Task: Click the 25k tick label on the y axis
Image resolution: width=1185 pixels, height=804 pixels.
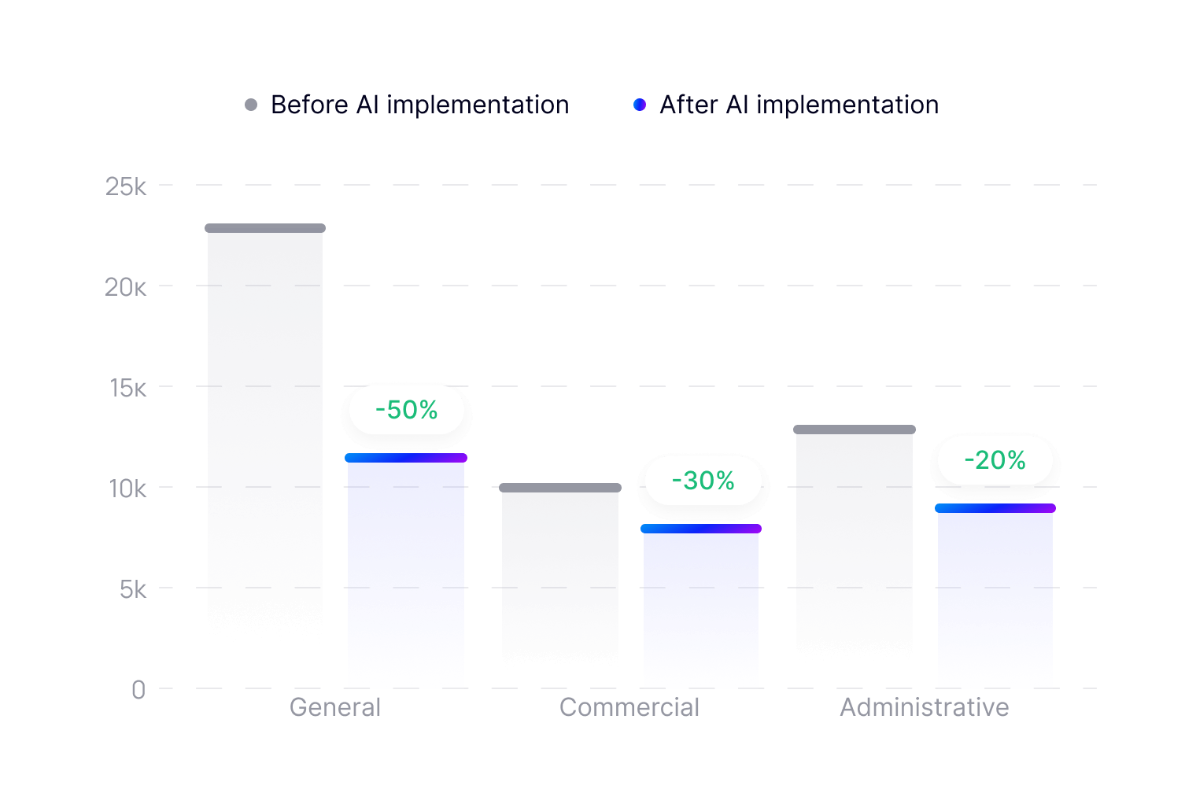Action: coord(126,186)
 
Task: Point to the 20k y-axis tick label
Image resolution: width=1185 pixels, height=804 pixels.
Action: coord(126,287)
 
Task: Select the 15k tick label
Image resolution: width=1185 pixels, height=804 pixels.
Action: coord(127,388)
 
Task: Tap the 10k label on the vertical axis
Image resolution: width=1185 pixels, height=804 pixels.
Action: coord(127,489)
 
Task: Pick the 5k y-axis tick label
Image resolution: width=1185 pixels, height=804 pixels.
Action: coord(133,589)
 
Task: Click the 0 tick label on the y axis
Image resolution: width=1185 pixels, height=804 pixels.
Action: coord(138,690)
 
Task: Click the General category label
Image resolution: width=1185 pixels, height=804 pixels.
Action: coord(335,707)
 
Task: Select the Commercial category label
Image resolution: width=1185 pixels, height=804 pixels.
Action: coord(629,707)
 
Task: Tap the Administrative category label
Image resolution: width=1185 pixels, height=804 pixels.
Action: coord(925,707)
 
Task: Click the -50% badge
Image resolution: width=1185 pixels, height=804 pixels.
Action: coord(406,410)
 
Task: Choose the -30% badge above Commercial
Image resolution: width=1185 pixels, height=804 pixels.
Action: coord(703,481)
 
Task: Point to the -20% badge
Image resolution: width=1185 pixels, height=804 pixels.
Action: coord(995,460)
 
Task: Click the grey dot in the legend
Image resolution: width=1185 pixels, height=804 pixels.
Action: coord(251,105)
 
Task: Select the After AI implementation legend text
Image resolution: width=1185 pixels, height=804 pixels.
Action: coord(799,105)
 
